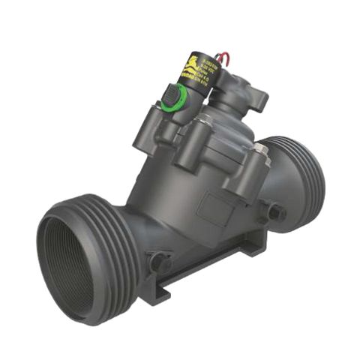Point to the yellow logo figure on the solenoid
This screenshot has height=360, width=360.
[193, 61]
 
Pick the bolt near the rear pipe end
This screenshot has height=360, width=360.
[275, 213]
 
